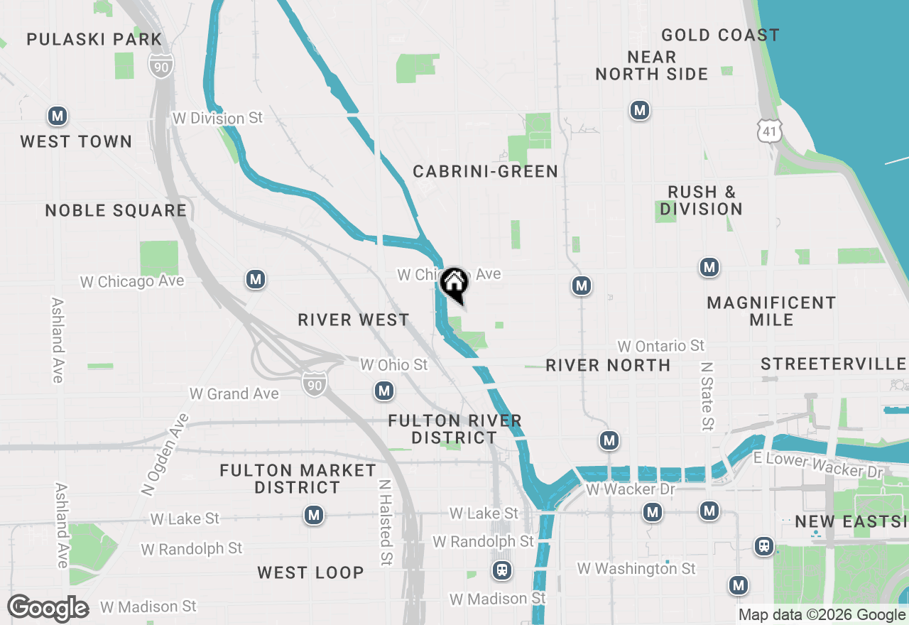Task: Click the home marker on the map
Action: point(454,284)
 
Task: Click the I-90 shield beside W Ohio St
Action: point(312,384)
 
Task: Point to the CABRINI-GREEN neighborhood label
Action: point(485,171)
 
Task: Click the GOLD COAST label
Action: point(720,35)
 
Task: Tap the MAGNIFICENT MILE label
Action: point(771,311)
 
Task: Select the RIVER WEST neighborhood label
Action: point(354,320)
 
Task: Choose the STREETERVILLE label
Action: point(834,364)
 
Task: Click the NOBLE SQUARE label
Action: point(116,210)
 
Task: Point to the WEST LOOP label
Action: point(310,572)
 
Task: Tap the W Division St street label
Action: point(218,118)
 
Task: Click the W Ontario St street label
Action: point(660,346)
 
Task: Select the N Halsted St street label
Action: point(385,522)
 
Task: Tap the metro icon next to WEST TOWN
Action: point(58,116)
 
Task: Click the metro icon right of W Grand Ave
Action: point(384,391)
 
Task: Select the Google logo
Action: point(48,608)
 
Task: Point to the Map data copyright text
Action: point(822,615)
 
